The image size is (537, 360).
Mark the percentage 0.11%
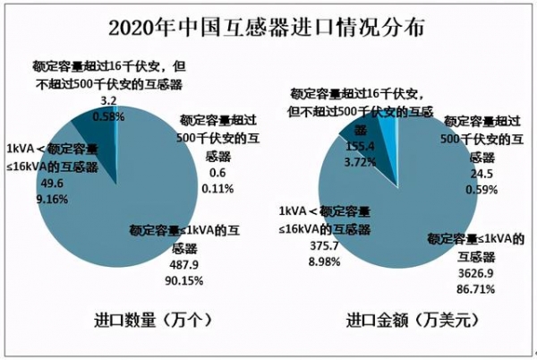pyautogui.click(x=217, y=189)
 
